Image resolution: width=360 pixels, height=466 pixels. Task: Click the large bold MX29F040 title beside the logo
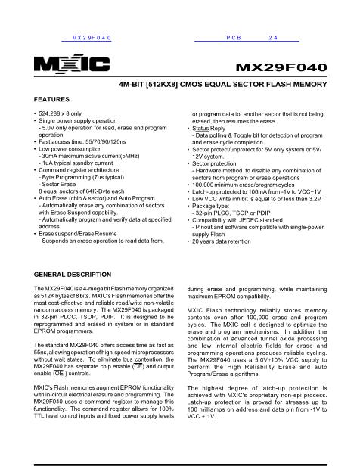281,67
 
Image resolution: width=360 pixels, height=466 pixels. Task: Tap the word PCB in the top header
233,36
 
